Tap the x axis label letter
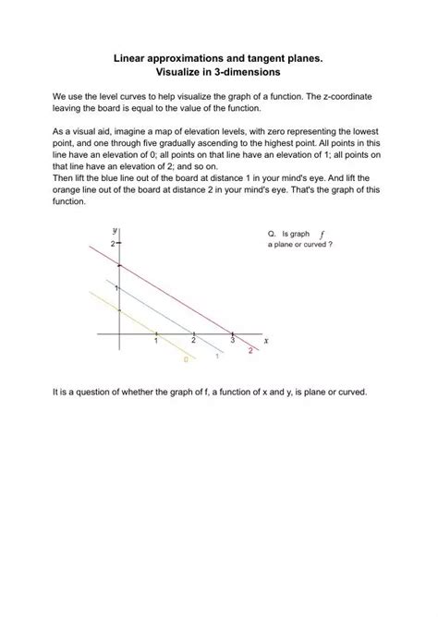coord(266,339)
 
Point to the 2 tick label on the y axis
coord(112,243)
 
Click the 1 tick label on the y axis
coord(114,289)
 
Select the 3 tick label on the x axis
coord(232,341)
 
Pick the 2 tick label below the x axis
coord(193,341)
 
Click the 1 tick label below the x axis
coord(156,341)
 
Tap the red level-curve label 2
coord(250,350)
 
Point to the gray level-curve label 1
coord(216,355)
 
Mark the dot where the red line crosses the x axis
coord(232,332)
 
